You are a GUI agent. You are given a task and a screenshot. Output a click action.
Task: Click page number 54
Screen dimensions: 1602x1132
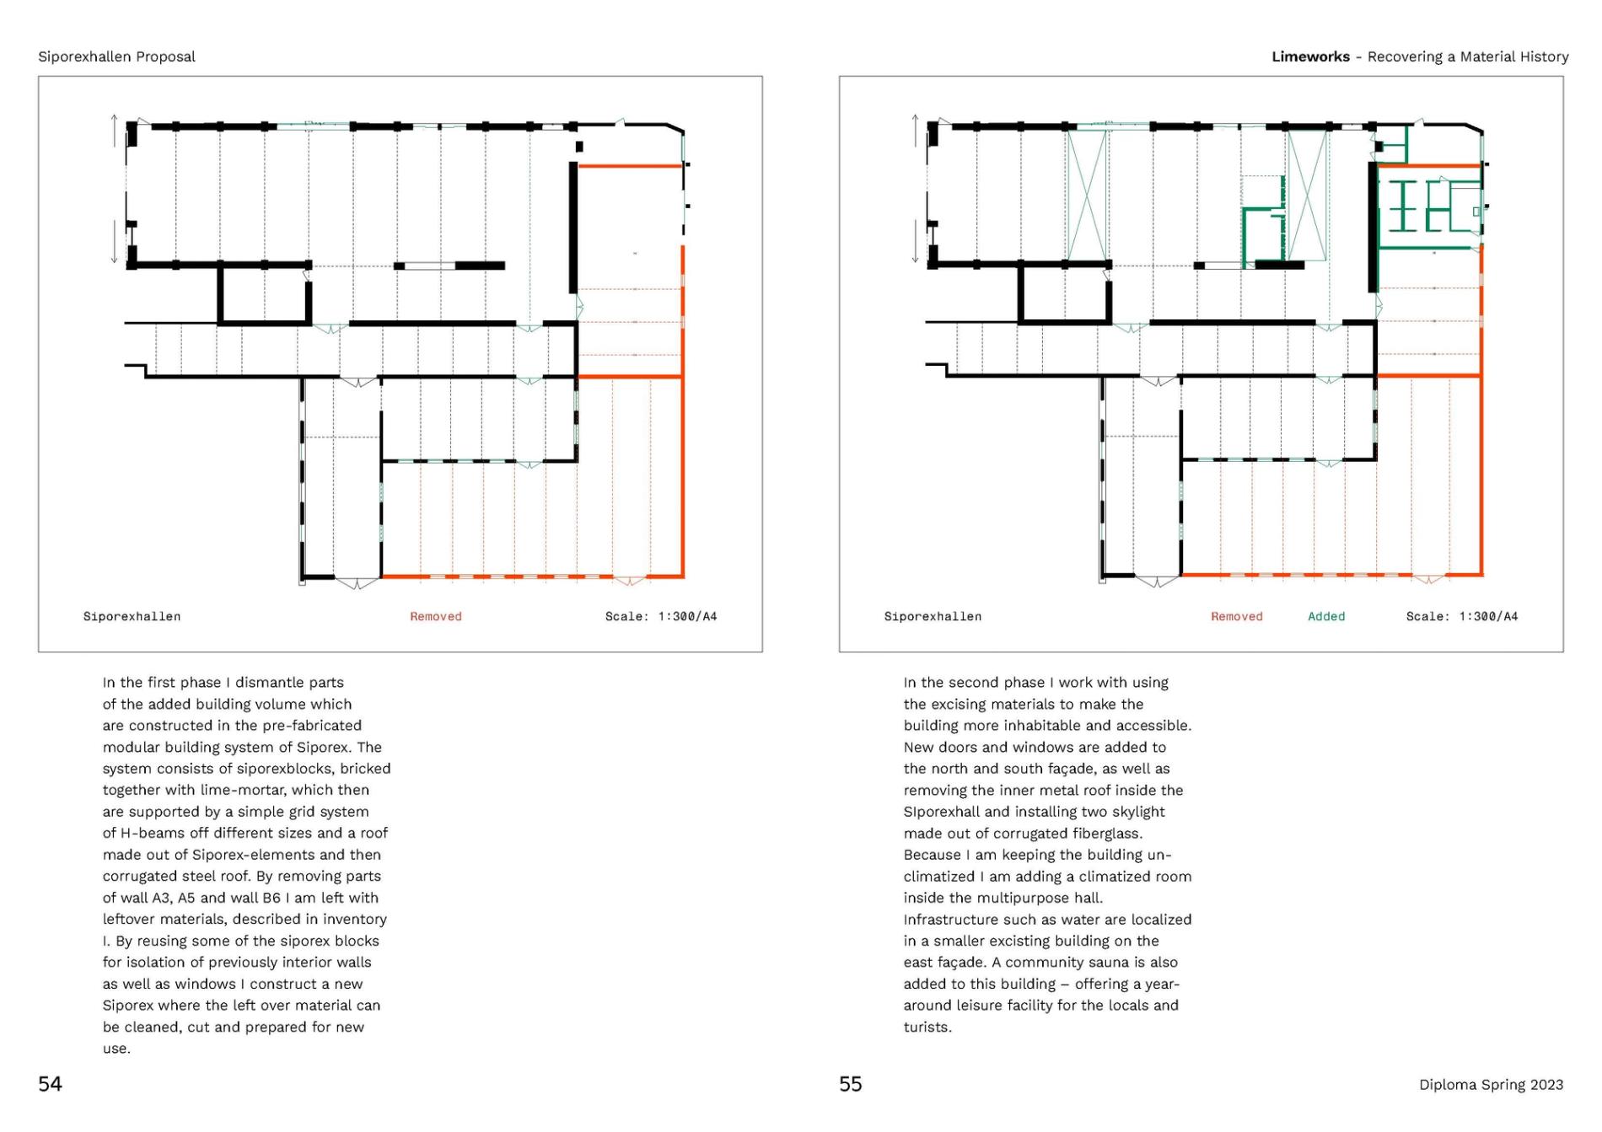point(50,1084)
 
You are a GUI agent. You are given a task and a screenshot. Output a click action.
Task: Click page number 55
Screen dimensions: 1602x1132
point(850,1084)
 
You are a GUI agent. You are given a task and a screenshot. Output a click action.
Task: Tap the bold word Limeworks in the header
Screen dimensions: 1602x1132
point(1310,56)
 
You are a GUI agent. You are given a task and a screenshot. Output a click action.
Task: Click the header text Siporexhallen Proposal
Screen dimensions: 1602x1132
point(116,56)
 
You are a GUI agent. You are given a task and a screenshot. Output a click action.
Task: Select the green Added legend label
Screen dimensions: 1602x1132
point(1325,616)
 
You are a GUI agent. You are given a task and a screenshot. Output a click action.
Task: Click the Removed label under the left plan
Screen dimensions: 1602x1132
point(435,616)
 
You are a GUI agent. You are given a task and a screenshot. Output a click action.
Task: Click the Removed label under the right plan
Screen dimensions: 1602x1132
point(1236,616)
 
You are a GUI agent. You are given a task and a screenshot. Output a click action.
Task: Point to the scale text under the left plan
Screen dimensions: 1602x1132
point(660,616)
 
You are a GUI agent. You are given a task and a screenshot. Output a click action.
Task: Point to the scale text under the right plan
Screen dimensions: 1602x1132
point(1461,616)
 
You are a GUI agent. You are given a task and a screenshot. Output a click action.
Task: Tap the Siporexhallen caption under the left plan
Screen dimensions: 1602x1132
point(132,616)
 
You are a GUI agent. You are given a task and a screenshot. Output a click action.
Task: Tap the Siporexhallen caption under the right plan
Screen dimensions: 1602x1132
point(933,616)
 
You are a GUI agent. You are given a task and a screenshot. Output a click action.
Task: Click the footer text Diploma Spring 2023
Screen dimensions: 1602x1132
point(1490,1085)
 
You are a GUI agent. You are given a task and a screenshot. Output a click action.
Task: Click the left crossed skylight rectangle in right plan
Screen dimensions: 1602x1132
point(1087,196)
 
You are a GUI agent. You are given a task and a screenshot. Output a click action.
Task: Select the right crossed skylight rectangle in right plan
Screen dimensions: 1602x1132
point(1308,196)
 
